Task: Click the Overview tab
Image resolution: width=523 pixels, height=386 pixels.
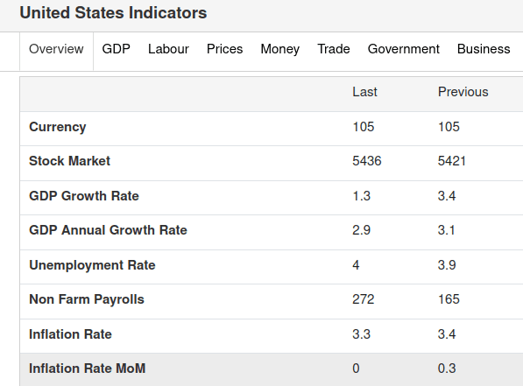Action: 56,49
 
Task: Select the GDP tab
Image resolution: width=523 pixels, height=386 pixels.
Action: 116,49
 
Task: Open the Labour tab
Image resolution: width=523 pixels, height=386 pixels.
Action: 168,49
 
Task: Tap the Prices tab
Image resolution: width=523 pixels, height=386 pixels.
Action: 225,49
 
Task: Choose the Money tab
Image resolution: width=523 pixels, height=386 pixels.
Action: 279,49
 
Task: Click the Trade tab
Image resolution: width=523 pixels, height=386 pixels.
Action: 334,49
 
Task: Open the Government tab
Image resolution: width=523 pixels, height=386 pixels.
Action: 404,49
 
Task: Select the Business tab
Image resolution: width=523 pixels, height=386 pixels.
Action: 484,49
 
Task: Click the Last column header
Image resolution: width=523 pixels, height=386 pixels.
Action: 365,92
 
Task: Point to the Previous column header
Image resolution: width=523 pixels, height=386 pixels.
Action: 463,92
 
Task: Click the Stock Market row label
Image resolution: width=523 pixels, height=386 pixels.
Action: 69,161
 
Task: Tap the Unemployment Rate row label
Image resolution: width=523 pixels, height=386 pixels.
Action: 92,265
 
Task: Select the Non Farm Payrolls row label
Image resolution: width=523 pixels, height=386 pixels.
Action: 87,299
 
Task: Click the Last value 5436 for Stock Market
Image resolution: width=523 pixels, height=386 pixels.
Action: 366,161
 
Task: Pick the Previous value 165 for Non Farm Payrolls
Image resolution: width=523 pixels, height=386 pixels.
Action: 449,299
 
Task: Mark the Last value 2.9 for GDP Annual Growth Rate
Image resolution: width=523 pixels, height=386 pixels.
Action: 361,230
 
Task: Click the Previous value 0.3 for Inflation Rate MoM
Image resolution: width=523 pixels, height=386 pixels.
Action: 447,368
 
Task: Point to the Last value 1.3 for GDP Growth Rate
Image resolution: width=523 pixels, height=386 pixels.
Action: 361,196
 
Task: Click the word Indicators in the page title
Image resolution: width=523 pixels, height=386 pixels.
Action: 168,13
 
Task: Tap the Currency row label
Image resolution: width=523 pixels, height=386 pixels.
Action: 57,127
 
